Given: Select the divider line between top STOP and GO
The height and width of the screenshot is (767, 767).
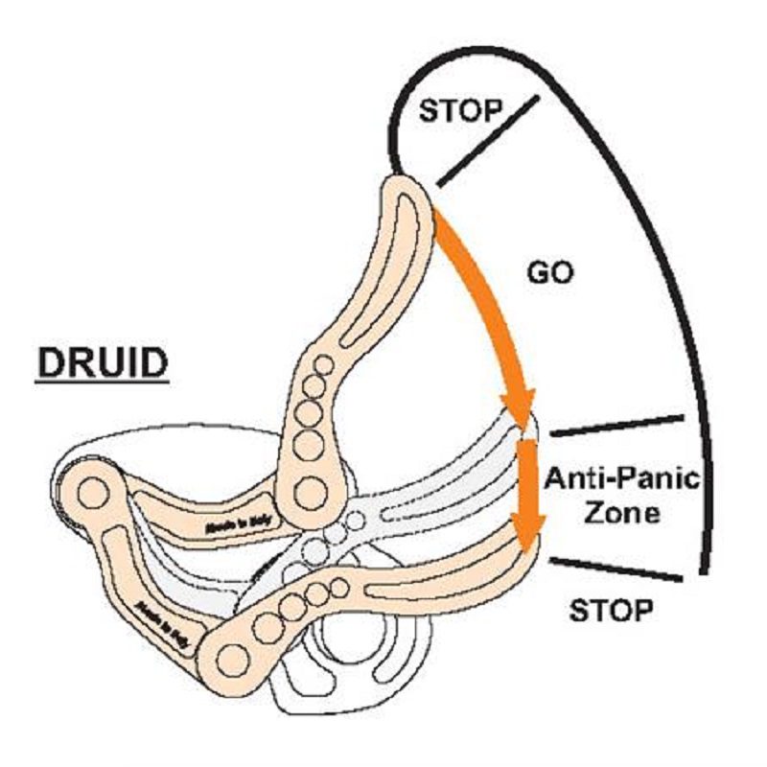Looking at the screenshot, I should coord(486,139).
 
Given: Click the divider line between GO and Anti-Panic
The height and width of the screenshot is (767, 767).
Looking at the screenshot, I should coord(616,426).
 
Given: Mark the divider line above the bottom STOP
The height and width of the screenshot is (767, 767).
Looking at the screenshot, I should coord(616,568).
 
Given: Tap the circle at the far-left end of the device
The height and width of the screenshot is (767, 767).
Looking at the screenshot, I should coord(92,494).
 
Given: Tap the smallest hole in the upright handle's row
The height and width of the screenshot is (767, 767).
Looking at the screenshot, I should coord(324,363).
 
